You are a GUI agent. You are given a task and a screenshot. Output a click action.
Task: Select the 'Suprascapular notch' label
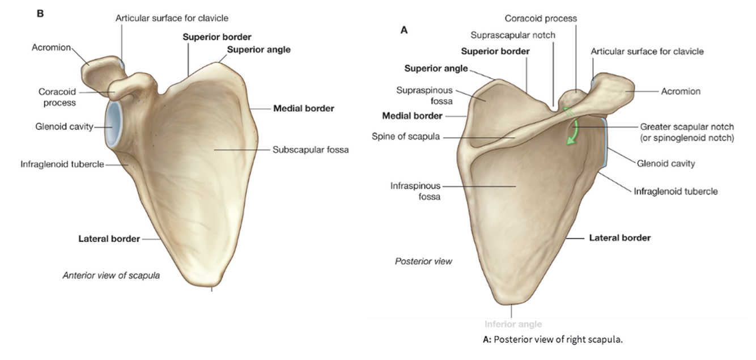pyautogui.click(x=513, y=35)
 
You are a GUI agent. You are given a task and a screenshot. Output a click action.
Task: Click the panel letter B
pyautogui.click(x=40, y=13)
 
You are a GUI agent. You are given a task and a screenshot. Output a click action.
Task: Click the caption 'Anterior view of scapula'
pyautogui.click(x=111, y=276)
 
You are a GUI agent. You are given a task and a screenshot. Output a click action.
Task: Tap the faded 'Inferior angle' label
pyautogui.click(x=513, y=324)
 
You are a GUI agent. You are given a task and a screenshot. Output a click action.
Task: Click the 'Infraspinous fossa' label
pyautogui.click(x=415, y=191)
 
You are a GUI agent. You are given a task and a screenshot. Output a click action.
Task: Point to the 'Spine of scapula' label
pyautogui.click(x=406, y=137)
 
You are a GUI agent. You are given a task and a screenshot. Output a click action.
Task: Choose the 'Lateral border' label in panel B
pyautogui.click(x=109, y=239)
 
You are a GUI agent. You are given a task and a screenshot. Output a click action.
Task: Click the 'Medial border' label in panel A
pyautogui.click(x=412, y=116)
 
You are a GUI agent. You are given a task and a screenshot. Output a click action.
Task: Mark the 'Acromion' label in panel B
pyautogui.click(x=51, y=48)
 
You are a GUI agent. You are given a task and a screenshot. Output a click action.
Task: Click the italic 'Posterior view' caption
pyautogui.click(x=423, y=261)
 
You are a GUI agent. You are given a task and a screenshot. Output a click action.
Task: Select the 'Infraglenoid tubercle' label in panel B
pyautogui.click(x=62, y=164)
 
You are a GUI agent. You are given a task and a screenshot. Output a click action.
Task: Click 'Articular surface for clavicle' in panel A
pyautogui.click(x=647, y=52)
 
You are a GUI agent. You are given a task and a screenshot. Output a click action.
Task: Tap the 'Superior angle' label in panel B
pyautogui.click(x=258, y=49)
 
